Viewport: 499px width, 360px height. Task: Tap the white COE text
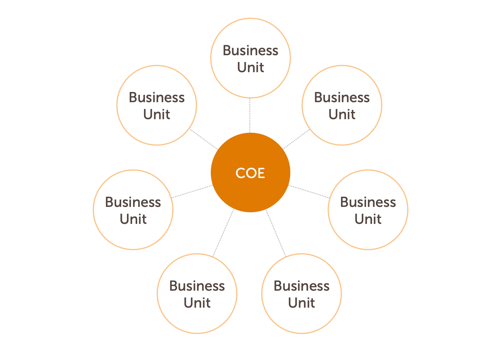click(250, 173)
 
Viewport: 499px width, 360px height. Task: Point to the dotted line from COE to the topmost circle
click(250, 116)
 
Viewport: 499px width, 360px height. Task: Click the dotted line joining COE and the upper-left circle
click(204, 139)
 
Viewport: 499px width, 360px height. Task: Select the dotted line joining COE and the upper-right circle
click(296, 139)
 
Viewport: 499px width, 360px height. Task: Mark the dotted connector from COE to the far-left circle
click(192, 191)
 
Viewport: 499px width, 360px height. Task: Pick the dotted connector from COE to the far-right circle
click(309, 191)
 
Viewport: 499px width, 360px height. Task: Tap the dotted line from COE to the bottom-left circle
click(223, 233)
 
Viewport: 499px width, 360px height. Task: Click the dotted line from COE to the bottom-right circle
click(276, 233)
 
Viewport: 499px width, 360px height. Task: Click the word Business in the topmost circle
click(250, 50)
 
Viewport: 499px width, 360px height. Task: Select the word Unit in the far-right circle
click(368, 219)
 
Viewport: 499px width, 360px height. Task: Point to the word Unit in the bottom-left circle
click(197, 303)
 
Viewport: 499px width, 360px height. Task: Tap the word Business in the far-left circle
click(133, 202)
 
